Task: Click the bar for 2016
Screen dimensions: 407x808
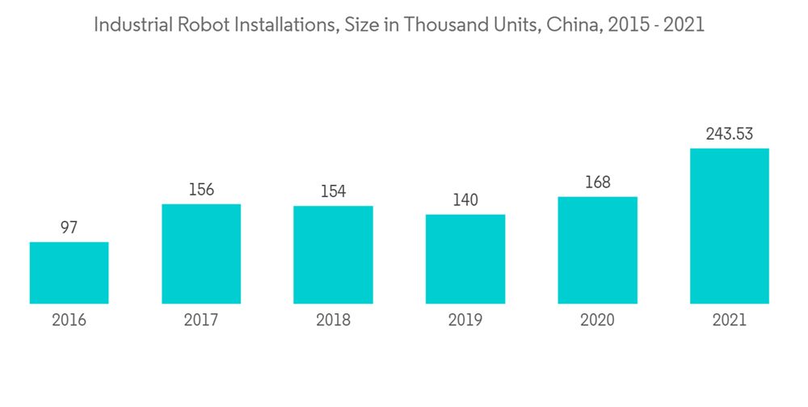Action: [x=69, y=273]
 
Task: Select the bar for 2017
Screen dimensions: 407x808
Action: [x=201, y=254]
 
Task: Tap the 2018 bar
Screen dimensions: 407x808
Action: [x=333, y=254]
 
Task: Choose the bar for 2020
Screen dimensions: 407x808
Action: [x=597, y=250]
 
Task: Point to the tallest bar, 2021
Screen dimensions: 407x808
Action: [x=729, y=226]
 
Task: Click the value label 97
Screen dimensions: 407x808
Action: [x=69, y=228]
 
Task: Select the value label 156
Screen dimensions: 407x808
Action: [x=201, y=190]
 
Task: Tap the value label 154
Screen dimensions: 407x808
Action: [x=333, y=191]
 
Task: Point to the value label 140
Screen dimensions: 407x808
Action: [x=465, y=200]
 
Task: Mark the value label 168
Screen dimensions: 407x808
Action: [x=597, y=183]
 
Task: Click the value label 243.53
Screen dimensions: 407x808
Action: [x=729, y=134]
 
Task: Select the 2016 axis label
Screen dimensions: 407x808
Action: [x=69, y=320]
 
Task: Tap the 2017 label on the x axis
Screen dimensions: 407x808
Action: [x=201, y=320]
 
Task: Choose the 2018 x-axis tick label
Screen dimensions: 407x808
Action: [x=333, y=320]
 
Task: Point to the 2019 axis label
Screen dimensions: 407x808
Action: [x=465, y=320]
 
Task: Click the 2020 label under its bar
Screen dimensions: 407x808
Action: [x=597, y=320]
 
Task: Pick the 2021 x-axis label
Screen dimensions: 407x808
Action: [x=729, y=320]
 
